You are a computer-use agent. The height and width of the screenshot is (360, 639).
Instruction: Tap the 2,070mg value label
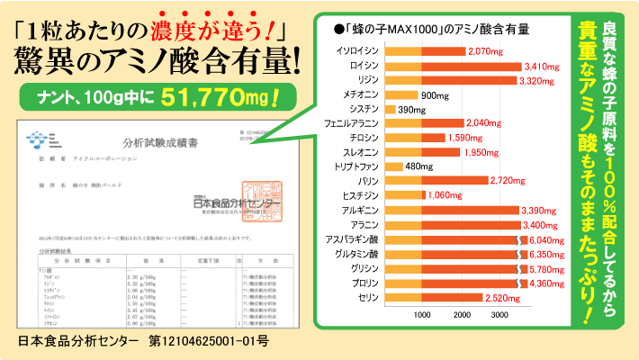tap(489, 51)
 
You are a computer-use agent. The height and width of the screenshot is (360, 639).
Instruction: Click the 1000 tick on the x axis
tap(422, 315)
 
